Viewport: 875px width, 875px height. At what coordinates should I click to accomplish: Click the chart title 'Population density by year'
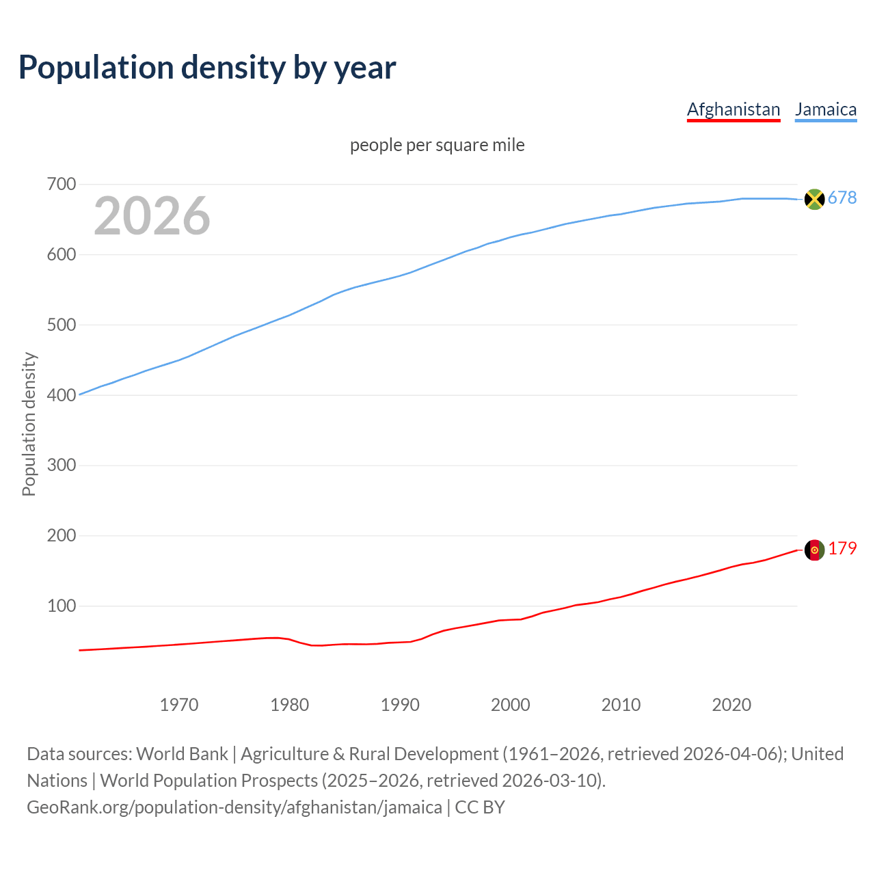coord(207,67)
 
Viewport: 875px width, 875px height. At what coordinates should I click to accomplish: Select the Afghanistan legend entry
coord(733,109)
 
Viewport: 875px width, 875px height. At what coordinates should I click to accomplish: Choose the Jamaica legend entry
coord(826,109)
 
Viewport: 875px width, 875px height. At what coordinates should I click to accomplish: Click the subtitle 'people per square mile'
coord(437,145)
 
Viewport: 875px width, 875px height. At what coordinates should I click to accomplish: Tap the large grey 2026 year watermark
coord(152,216)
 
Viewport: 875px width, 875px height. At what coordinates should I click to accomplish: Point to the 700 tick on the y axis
coord(62,185)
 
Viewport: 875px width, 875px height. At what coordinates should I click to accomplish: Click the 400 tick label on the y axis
coord(62,395)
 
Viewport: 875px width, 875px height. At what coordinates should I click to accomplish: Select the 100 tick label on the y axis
coord(62,606)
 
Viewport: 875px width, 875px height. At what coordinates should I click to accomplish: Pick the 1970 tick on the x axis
coord(179,705)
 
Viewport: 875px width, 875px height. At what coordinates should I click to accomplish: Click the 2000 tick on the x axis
coord(511,705)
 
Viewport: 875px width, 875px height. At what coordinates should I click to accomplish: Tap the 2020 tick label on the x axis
coord(731,705)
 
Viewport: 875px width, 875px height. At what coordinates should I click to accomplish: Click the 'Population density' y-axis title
coord(29,424)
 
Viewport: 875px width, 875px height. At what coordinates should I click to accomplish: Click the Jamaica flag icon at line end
coord(814,199)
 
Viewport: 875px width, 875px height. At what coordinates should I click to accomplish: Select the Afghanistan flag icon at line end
coord(814,550)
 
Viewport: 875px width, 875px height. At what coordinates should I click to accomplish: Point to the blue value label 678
coord(842,198)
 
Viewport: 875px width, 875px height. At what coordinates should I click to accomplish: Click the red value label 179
coord(842,548)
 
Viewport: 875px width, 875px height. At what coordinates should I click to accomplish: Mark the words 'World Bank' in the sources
coord(182,753)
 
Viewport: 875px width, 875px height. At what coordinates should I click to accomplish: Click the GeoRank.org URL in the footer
coord(234,807)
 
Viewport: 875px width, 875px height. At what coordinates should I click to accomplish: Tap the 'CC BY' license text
coord(480,807)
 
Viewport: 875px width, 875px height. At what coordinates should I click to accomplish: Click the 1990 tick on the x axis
coord(400,705)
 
